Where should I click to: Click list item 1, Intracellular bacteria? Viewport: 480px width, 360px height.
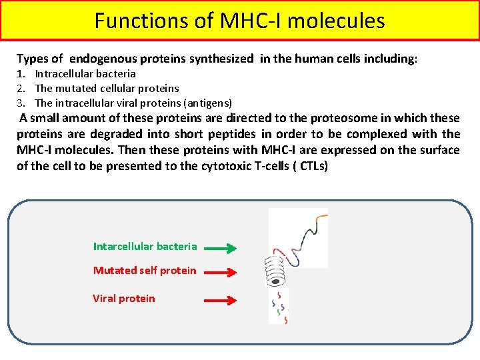click(x=85, y=74)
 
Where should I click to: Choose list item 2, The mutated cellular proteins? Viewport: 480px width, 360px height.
click(x=107, y=88)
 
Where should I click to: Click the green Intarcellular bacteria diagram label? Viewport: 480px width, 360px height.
click(x=145, y=247)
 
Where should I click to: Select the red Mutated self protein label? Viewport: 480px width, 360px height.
click(x=145, y=271)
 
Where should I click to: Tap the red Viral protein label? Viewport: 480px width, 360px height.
click(x=123, y=299)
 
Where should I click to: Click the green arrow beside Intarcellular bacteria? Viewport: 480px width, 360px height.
click(x=220, y=249)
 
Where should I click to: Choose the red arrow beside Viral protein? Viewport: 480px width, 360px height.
click(x=220, y=300)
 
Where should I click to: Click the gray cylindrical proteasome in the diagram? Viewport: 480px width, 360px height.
click(x=275, y=271)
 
